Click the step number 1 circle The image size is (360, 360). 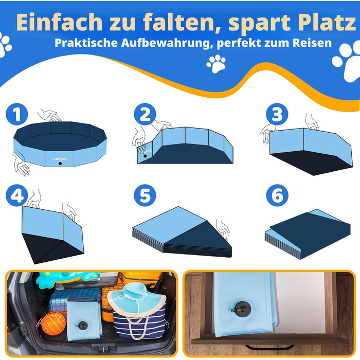pyautogui.click(x=17, y=114)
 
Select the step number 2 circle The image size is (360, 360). pyautogui.click(x=145, y=114)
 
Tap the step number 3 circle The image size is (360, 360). pyautogui.click(x=277, y=114)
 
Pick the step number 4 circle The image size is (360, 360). pyautogui.click(x=17, y=195)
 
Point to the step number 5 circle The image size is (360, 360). pyautogui.click(x=145, y=195)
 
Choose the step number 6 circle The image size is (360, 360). pyautogui.click(x=277, y=195)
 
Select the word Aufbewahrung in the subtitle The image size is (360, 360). pyautogui.click(x=166, y=43)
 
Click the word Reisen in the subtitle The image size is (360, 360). pyautogui.click(x=312, y=43)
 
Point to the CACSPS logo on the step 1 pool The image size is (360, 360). pyautogui.click(x=60, y=159)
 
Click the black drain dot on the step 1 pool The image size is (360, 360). pyautogui.click(x=60, y=164)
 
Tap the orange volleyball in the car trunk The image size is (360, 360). pyautogui.click(x=53, y=324)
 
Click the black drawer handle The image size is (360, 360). pyautogui.click(x=270, y=347)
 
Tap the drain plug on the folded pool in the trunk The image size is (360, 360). pyautogui.click(x=82, y=326)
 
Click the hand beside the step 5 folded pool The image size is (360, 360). pyautogui.click(x=223, y=229)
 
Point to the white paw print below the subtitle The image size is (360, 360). pyautogui.click(x=216, y=64)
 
